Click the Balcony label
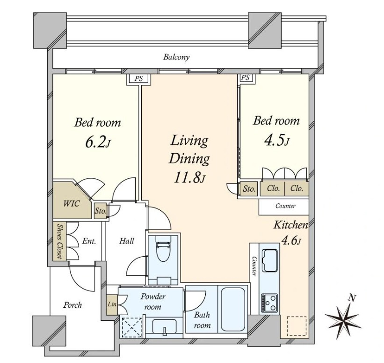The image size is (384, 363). pyautogui.click(x=176, y=58)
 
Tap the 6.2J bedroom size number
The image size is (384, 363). pyautogui.click(x=98, y=142)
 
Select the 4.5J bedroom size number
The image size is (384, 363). pyautogui.click(x=277, y=141)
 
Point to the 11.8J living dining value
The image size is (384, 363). pyautogui.click(x=189, y=178)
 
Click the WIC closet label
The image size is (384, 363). pyautogui.click(x=71, y=204)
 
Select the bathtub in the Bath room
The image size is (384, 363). pyautogui.click(x=233, y=309)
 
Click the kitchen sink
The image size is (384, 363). pyautogui.click(x=269, y=260)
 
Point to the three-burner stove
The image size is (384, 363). pyautogui.click(x=269, y=303)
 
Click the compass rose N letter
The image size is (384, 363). pyautogui.click(x=352, y=298)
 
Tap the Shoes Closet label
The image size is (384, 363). pyautogui.click(x=59, y=241)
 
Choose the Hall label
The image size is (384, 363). pyautogui.click(x=127, y=241)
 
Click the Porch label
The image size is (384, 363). pyautogui.click(x=72, y=305)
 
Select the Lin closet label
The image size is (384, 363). pyautogui.click(x=112, y=304)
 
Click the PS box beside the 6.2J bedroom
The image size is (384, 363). pyautogui.click(x=138, y=79)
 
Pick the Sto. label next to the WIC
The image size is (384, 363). pyautogui.click(x=101, y=211)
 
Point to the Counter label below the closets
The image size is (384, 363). pyautogui.click(x=285, y=206)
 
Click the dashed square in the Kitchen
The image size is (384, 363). pyautogui.click(x=297, y=326)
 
